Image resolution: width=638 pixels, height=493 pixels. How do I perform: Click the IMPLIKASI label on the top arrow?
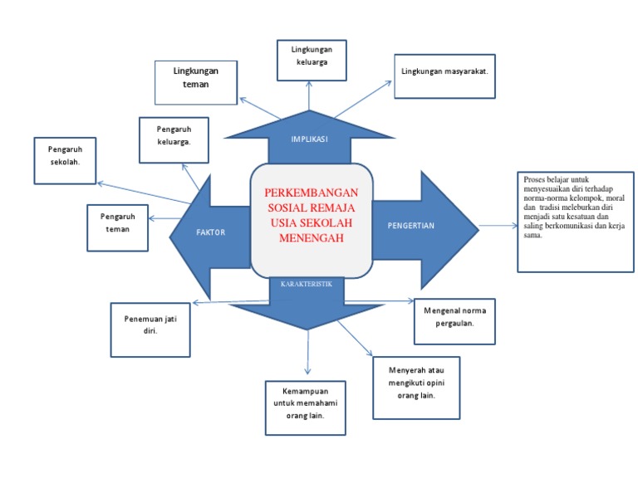pyautogui.click(x=309, y=139)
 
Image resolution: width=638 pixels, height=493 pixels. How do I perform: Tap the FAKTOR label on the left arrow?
pyautogui.click(x=210, y=232)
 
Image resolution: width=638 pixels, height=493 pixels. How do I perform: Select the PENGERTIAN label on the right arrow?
pyautogui.click(x=411, y=225)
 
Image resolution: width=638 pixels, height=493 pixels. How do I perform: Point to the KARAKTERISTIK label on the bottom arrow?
pyautogui.click(x=307, y=284)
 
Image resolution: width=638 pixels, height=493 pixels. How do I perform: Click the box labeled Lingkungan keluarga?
pyautogui.click(x=311, y=60)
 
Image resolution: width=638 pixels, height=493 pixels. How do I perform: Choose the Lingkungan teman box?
pyautogui.click(x=196, y=81)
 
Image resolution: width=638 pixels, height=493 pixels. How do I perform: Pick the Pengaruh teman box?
pyautogui.click(x=117, y=227)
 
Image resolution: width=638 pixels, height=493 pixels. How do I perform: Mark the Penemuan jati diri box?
pyautogui.click(x=150, y=329)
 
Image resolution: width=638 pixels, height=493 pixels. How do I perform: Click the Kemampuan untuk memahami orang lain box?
pyautogui.click(x=304, y=408)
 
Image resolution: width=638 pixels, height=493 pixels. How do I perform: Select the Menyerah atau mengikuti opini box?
pyautogui.click(x=416, y=388)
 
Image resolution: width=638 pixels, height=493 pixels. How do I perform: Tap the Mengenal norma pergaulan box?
pyautogui.click(x=454, y=320)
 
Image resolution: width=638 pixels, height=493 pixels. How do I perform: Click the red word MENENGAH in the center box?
pyautogui.click(x=311, y=237)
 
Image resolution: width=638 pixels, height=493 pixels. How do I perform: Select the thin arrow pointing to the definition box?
pyautogui.click(x=497, y=225)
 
